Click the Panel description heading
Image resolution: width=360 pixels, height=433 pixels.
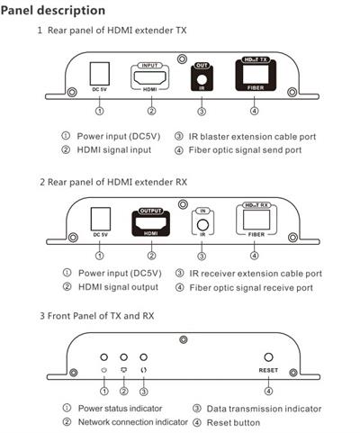tap(53, 11)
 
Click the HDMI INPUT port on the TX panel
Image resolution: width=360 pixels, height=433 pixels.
tap(150, 77)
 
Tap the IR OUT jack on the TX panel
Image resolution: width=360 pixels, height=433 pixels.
tap(202, 80)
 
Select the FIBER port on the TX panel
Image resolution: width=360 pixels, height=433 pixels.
tap(256, 74)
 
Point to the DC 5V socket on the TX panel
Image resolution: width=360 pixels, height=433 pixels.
tap(100, 74)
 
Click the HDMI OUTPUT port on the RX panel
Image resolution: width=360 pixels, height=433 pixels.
tap(151, 223)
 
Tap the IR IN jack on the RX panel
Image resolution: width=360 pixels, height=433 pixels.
tap(202, 225)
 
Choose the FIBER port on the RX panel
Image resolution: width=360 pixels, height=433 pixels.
tap(256, 220)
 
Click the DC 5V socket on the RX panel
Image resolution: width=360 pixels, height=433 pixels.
tap(101, 219)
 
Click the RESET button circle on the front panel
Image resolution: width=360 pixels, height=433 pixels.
tap(268, 357)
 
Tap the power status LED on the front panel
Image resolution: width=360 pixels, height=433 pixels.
tap(103, 357)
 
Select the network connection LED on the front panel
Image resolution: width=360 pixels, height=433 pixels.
tap(123, 357)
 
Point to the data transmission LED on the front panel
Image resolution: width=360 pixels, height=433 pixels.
tap(144, 357)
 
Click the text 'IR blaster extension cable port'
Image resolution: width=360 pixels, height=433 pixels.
tap(252, 137)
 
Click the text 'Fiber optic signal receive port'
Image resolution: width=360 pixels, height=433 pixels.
tap(251, 288)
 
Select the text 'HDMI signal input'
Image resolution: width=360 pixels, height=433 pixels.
tap(114, 150)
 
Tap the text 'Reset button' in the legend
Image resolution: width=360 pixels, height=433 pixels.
tap(233, 422)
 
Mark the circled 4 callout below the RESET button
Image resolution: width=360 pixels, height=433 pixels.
tap(268, 391)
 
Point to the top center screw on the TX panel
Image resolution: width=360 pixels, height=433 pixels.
tap(182, 59)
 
